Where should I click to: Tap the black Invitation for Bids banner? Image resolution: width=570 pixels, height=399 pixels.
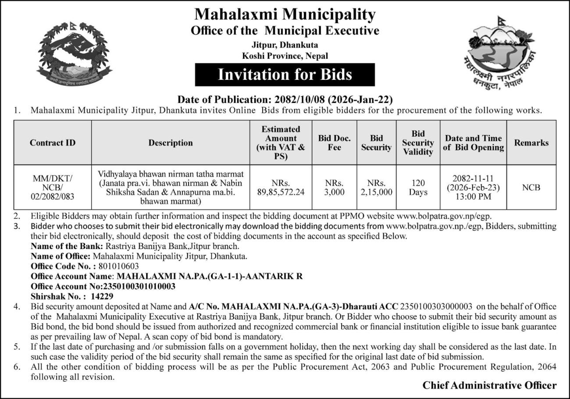pos(285,75)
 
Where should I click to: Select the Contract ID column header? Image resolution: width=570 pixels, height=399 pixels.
pos(53,142)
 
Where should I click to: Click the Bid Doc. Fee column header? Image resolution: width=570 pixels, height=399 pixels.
pos(334,142)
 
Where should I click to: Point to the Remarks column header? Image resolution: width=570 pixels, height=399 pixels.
pos(531,142)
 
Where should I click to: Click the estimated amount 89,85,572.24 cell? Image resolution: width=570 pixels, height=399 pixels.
pos(281,187)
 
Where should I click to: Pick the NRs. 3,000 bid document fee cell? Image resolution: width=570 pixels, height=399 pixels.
pos(334,187)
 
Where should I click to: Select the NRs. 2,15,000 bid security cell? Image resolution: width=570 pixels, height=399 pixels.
pos(376,187)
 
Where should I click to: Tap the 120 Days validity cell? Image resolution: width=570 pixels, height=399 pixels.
pos(418,187)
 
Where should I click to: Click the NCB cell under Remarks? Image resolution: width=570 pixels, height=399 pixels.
pos(531,187)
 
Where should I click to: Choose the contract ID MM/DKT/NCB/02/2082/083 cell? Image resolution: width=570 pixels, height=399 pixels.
pos(53,187)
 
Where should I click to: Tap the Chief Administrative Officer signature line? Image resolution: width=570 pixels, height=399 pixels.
pos(489,385)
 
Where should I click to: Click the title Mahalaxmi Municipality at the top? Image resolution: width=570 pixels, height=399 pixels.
pos(285,14)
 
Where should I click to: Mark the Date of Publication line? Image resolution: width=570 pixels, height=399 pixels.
pos(285,100)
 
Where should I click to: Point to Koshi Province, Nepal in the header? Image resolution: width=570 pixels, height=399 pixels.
pos(285,56)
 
